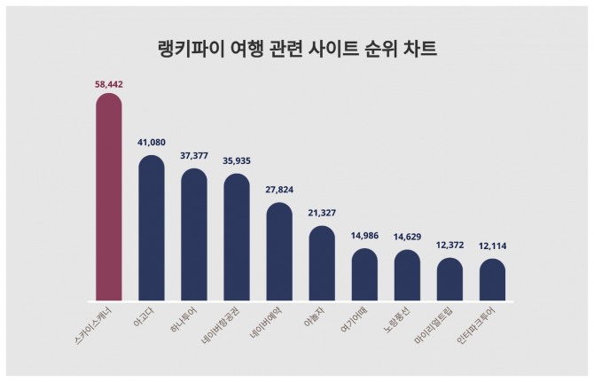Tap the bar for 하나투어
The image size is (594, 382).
pos(194,235)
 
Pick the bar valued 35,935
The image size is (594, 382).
pos(237,238)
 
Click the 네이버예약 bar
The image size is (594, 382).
pos(279,253)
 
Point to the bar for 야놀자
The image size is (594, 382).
pos(322,264)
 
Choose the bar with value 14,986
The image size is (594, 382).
pos(364,276)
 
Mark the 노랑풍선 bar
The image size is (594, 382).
pos(407,277)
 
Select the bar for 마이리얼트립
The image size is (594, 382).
pos(449,280)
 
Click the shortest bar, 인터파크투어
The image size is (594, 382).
pos(492,281)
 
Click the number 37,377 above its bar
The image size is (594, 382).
pos(194,155)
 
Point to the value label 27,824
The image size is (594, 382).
pos(279,190)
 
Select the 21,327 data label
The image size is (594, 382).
pos(322,213)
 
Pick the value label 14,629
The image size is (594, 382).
pos(407,237)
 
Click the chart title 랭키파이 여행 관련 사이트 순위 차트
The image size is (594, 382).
pos(296,48)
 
